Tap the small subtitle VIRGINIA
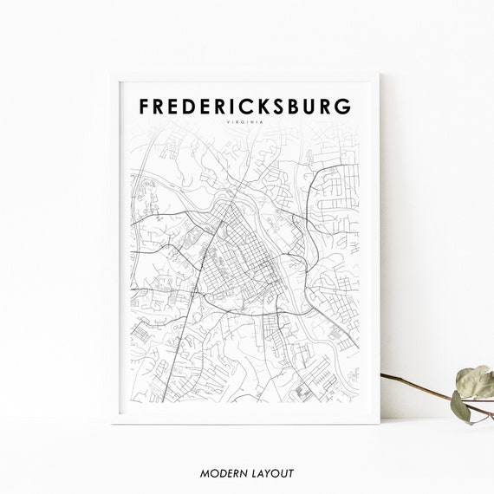click(x=246, y=123)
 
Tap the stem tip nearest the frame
click(x=383, y=376)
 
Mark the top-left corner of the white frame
click(x=110, y=73)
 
